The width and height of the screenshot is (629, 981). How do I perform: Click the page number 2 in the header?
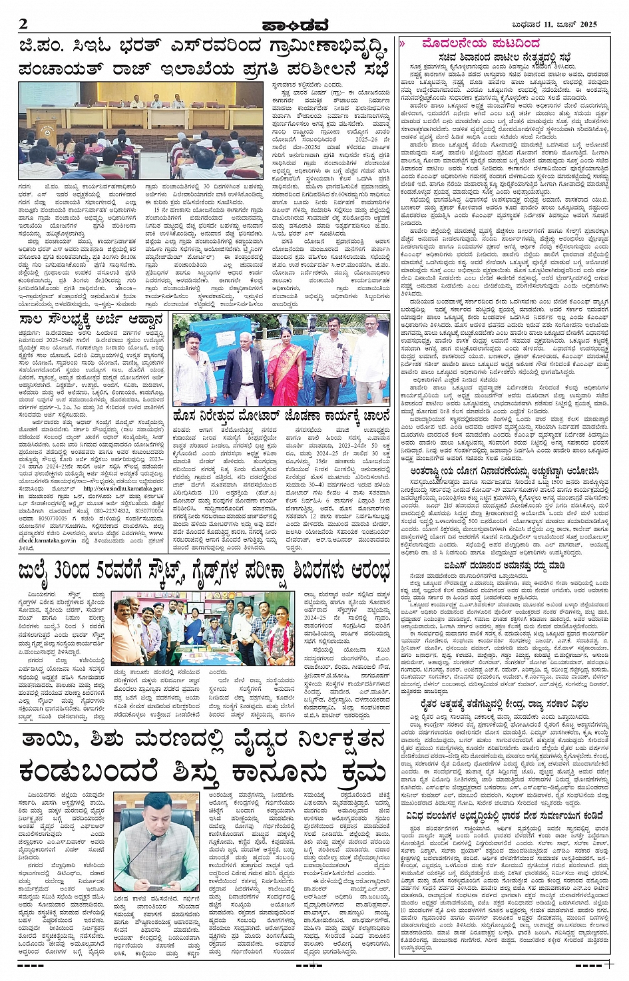coord(24,25)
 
